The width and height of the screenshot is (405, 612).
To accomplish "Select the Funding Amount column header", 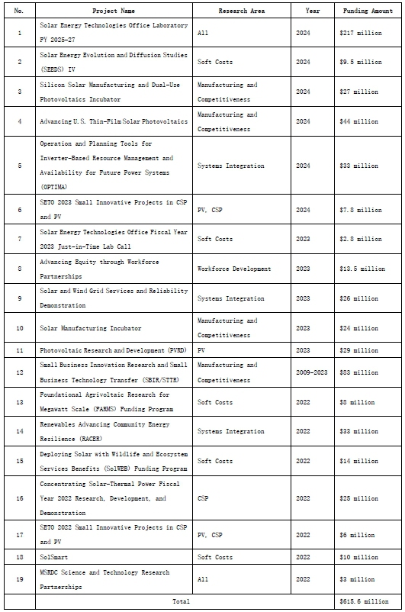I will [x=369, y=11].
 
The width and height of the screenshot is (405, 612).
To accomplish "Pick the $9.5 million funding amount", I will [x=362, y=62].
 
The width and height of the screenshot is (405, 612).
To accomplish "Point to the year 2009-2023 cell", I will [x=312, y=372].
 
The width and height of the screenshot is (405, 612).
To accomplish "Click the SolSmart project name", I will [x=52, y=556].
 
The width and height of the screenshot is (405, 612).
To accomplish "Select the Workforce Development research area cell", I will [x=234, y=269].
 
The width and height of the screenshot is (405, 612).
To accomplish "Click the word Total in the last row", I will [x=182, y=601].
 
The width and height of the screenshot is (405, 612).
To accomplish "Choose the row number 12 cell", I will [x=19, y=372].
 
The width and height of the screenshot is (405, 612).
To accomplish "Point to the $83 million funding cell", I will [x=358, y=372].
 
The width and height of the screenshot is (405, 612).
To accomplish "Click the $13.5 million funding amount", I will [x=363, y=269].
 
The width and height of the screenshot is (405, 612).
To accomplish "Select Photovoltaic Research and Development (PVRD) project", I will [x=101, y=349].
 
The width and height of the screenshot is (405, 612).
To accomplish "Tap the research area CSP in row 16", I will [x=202, y=498].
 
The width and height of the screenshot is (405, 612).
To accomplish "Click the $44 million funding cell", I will [x=358, y=121].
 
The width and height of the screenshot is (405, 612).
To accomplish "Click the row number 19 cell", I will [x=19, y=578].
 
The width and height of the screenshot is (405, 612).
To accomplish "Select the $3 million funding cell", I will [x=357, y=578].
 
